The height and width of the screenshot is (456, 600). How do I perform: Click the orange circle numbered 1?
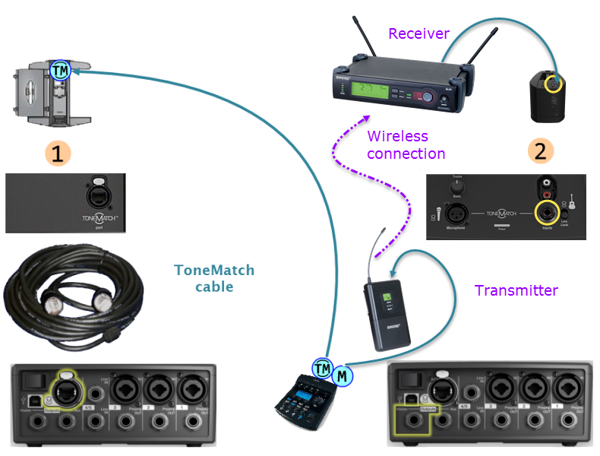point(58,152)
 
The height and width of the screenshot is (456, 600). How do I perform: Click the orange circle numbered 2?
point(540,150)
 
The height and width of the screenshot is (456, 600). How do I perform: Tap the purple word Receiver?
point(418,34)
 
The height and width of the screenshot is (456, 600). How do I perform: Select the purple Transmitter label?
point(516,290)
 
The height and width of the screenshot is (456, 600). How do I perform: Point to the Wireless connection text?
point(406,145)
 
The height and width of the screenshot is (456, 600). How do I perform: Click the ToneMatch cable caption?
point(214,278)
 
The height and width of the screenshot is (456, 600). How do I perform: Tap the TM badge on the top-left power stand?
point(60,71)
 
